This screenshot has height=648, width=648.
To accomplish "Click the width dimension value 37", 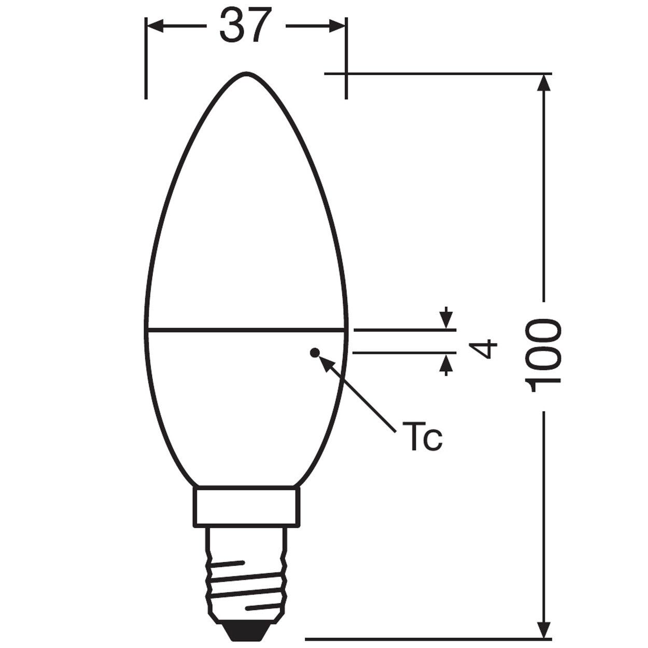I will pyautogui.click(x=246, y=26).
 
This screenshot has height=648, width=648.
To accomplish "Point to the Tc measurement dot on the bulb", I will pyautogui.click(x=313, y=353).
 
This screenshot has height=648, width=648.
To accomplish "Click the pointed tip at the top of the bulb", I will pyautogui.click(x=246, y=73).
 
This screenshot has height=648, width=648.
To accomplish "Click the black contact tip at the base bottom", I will pyautogui.click(x=246, y=633).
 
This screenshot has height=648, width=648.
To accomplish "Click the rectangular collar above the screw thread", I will pyautogui.click(x=246, y=506).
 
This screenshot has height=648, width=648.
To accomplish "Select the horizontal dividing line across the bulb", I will pyautogui.click(x=246, y=329).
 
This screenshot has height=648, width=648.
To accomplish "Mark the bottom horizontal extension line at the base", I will pyautogui.click(x=425, y=639).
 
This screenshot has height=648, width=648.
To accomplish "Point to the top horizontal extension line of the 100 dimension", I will pyautogui.click(x=441, y=74).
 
